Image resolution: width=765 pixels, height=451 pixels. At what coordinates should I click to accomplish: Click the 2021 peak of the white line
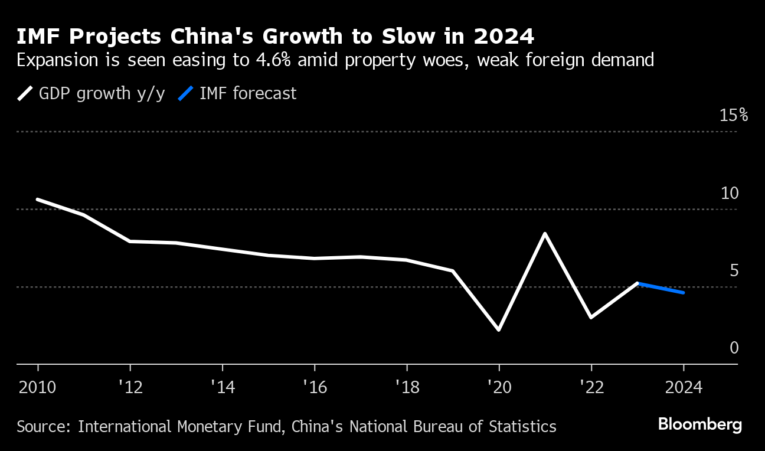(x=545, y=234)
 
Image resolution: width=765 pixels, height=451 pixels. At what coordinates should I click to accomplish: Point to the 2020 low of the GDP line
(x=499, y=329)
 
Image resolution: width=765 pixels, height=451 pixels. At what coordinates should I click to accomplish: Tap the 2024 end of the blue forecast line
(x=684, y=293)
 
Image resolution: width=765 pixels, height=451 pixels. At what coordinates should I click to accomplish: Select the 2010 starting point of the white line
(x=38, y=200)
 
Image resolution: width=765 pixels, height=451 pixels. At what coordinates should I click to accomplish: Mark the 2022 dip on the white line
(x=591, y=318)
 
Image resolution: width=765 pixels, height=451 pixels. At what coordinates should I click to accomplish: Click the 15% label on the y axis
(x=734, y=115)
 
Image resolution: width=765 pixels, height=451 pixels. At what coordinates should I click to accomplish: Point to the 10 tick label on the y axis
(x=730, y=193)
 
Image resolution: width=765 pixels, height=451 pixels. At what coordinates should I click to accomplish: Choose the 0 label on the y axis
(x=734, y=348)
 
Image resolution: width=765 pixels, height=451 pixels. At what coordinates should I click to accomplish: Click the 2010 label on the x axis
(x=38, y=388)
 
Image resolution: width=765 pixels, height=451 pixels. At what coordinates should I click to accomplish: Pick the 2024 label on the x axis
(x=683, y=388)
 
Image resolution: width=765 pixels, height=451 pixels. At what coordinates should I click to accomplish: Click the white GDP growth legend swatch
(x=25, y=94)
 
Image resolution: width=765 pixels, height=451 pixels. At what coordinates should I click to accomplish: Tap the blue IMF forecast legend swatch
(x=186, y=94)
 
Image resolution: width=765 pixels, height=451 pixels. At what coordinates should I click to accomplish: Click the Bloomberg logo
(x=700, y=425)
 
